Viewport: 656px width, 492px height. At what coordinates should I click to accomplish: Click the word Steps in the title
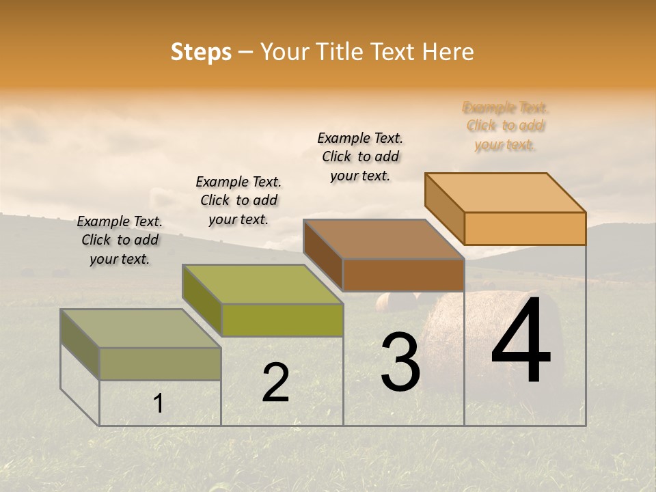201,52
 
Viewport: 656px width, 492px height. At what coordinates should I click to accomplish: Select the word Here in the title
448,52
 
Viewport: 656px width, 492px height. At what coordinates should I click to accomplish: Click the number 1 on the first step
159,404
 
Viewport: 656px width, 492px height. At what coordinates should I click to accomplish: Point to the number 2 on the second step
275,383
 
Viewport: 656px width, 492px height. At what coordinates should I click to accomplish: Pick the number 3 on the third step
400,362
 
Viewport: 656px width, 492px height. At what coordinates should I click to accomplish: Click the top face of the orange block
506,192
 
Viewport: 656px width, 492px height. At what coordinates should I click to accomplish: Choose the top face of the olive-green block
262,284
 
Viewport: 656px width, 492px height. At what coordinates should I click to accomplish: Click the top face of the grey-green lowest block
141,329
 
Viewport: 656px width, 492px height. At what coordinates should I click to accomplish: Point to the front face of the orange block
525,228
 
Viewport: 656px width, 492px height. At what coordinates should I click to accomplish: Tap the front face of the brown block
403,275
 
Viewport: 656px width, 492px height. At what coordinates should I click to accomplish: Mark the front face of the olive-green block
282,320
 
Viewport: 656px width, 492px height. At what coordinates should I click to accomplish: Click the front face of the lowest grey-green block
160,364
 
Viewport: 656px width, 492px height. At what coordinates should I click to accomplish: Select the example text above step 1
120,241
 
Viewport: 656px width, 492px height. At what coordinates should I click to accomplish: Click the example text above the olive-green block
238,201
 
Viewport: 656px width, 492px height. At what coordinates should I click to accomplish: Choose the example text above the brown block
360,156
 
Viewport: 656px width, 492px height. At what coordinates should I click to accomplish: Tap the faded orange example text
505,126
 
